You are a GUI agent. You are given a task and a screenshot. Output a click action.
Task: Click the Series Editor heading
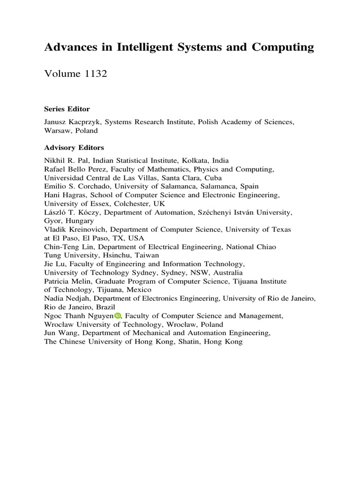[x=67, y=109]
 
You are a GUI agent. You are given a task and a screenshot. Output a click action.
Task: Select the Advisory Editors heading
[x=74, y=147]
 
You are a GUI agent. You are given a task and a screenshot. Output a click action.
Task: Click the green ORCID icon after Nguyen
[x=118, y=316]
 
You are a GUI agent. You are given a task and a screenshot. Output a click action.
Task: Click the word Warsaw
[x=57, y=131]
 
